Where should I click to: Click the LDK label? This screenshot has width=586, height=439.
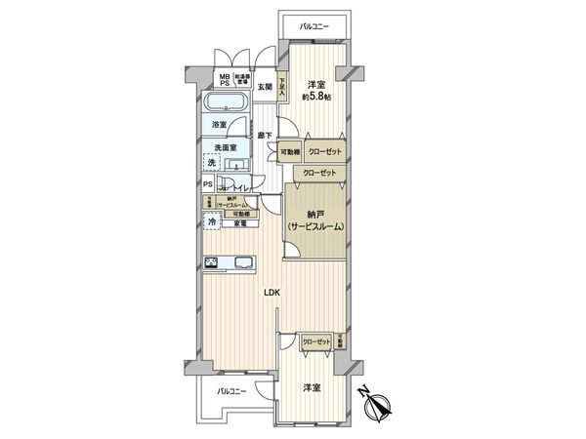(x=272, y=292)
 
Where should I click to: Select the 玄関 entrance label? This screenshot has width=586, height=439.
(x=265, y=88)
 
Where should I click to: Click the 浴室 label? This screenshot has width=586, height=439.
(x=221, y=125)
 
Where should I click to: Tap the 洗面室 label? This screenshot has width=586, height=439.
(x=227, y=148)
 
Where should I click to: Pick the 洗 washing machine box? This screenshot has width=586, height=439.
(x=211, y=163)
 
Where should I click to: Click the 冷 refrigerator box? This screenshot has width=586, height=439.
(x=211, y=222)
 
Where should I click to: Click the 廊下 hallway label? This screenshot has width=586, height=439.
(x=264, y=136)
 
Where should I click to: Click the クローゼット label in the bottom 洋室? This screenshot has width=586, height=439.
(x=314, y=341)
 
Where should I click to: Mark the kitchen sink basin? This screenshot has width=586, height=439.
(x=240, y=260)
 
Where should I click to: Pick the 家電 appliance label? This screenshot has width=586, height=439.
(x=240, y=223)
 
